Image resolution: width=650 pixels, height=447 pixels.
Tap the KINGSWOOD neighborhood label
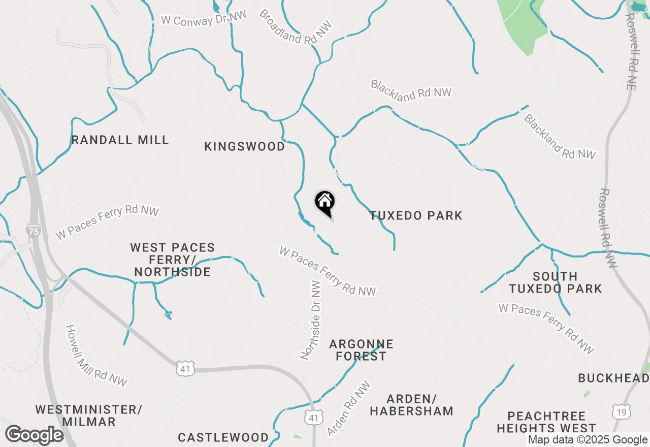(245, 146)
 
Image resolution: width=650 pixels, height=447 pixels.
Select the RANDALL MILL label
(120, 140)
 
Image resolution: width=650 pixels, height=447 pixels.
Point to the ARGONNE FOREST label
(361, 350)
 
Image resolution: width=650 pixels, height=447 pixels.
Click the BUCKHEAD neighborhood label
(613, 378)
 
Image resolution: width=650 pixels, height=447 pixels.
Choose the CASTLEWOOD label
(223, 437)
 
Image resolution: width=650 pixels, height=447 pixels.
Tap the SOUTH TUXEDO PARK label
(555, 283)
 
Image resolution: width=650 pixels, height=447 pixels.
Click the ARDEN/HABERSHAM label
(411, 404)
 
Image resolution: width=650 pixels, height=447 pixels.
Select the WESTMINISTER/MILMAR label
(89, 416)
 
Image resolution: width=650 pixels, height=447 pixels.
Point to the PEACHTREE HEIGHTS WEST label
(546, 422)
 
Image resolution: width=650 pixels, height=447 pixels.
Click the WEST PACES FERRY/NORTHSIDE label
(173, 260)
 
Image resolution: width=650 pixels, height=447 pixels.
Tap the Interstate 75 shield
(34, 231)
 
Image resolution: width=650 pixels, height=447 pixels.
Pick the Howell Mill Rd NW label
(96, 355)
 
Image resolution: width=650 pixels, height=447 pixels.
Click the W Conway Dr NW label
(204, 17)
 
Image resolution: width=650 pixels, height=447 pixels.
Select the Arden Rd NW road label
(350, 408)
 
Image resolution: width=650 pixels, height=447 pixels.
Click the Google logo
(35, 435)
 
